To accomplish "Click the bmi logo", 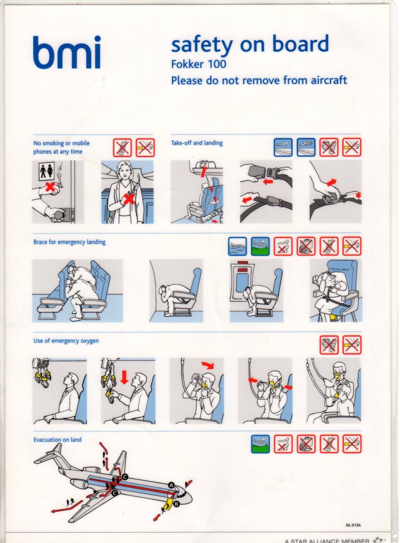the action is pos(67,52).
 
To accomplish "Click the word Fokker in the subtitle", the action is pos(188,64).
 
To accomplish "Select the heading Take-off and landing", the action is pos(197,143).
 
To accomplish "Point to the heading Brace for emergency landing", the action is pos(69,242).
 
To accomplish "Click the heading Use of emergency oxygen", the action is pos(66,341).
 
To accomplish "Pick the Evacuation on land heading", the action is pos(58,440).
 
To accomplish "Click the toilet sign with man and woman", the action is pos(47,171).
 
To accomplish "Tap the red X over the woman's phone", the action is pos(130,199).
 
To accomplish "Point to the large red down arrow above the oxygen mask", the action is pos(124,377).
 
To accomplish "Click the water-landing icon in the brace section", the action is pos(237,246).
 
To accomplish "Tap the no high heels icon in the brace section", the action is pos(283,246).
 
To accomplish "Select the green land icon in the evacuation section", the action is pos(260,444).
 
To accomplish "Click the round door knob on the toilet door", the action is pos(58,215).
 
